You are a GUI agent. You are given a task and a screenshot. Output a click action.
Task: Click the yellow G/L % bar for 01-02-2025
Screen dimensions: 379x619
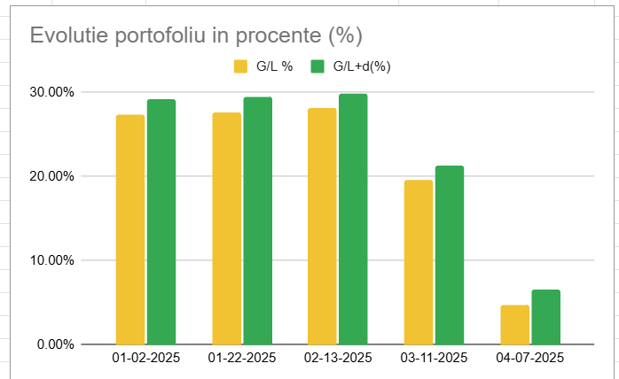[x=130, y=229]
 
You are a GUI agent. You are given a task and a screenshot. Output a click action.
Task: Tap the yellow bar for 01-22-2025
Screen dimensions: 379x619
[x=226, y=228]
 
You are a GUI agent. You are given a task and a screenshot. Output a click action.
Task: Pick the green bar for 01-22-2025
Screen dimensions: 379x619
[x=258, y=220]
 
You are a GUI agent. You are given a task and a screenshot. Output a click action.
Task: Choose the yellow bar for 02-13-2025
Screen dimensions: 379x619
[x=322, y=226]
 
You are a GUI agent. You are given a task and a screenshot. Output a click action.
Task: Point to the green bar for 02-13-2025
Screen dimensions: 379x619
[x=353, y=219]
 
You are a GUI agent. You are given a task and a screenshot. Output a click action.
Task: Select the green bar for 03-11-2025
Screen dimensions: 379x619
[x=450, y=255]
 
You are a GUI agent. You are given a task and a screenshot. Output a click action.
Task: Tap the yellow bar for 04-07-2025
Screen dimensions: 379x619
[x=515, y=325]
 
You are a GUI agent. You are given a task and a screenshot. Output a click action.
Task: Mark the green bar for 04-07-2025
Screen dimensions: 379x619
[x=546, y=317]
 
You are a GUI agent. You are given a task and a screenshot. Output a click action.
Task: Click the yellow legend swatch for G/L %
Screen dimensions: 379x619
[x=240, y=66]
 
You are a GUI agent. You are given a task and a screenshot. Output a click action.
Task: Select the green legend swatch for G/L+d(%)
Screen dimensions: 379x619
[x=317, y=66]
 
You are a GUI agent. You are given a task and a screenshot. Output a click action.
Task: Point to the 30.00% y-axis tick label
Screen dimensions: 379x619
[x=51, y=92]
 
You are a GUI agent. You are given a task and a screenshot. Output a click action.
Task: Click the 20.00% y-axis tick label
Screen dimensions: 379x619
[x=51, y=176]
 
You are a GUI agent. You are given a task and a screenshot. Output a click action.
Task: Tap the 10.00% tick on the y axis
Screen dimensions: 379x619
[x=51, y=260]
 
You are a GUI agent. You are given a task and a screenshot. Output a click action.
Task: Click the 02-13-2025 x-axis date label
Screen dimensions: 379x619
[x=338, y=359]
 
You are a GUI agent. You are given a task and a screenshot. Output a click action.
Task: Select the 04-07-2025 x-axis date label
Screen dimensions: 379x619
[x=530, y=359]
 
